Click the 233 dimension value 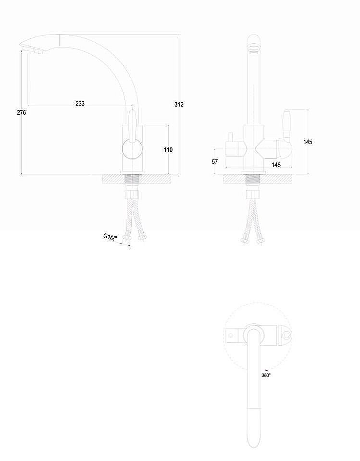pyautogui.click(x=80, y=103)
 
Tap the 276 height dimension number pyautogui.click(x=21, y=112)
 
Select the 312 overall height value pyautogui.click(x=179, y=104)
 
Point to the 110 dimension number pyautogui.click(x=168, y=150)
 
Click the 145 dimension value pyautogui.click(x=308, y=142)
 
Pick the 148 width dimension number pyautogui.click(x=276, y=165)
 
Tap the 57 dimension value pyautogui.click(x=215, y=161)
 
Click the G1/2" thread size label pyautogui.click(x=110, y=237)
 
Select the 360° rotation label pyautogui.click(x=266, y=375)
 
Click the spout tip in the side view pyautogui.click(x=31, y=49)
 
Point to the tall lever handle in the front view pyautogui.click(x=287, y=125)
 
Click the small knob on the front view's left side pyautogui.click(x=231, y=138)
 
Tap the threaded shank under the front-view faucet pyautogui.click(x=253, y=179)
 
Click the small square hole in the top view pyautogui.click(x=231, y=336)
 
